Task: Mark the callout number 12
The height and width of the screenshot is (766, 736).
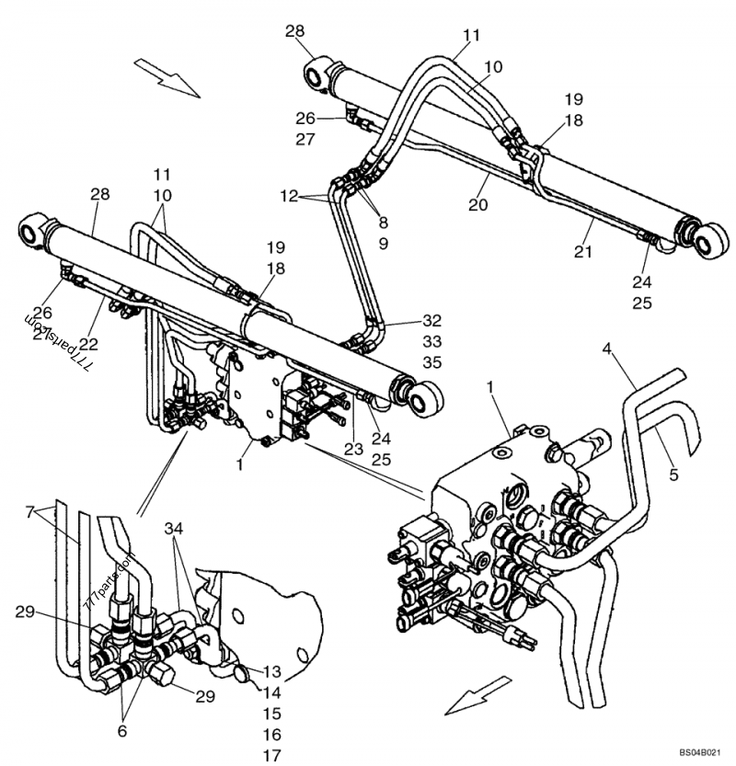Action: pos(290,197)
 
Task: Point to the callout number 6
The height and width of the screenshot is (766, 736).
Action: pos(121,731)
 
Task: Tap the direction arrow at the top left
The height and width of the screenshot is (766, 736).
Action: pos(166,76)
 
